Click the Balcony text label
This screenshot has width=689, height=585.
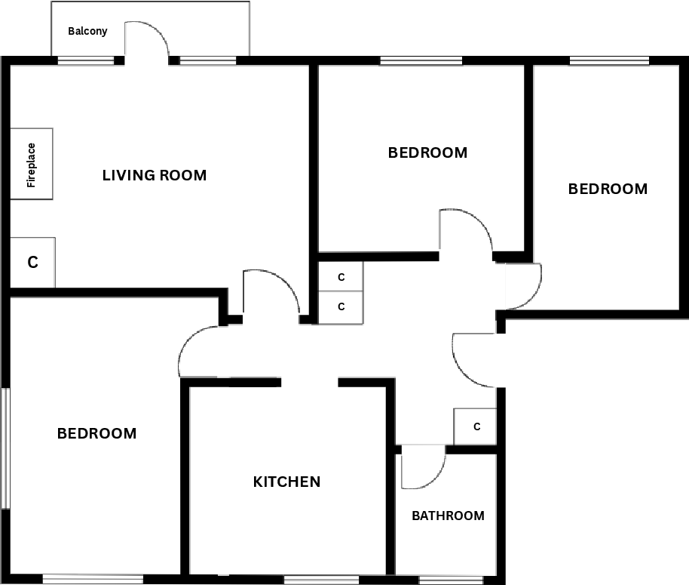coord(87,32)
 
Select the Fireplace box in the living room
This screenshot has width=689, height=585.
coord(31,164)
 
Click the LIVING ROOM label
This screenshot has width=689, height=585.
coord(155,176)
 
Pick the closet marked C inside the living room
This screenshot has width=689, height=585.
coord(32,263)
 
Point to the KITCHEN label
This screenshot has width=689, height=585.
coord(286,482)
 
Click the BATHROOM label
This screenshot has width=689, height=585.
coord(448,516)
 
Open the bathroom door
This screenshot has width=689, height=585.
coord(422,468)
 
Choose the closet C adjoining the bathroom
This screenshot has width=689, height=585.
coord(476,426)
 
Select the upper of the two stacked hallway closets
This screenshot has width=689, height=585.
coord(341,277)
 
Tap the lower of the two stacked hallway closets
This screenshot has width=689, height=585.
coord(341,307)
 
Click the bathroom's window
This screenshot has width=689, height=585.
coord(451,580)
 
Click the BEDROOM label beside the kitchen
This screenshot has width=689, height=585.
coord(97,434)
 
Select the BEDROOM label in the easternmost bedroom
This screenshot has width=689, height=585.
coord(608,189)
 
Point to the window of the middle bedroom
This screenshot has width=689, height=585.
coord(421,60)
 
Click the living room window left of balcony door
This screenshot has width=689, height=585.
coord(86,60)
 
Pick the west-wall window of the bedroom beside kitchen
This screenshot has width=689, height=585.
coord(5,448)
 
